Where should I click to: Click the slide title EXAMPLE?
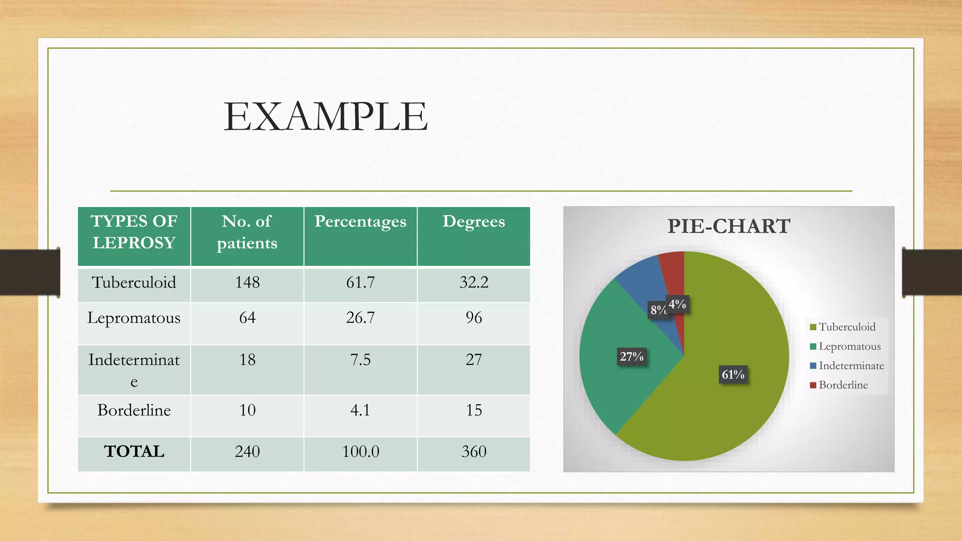(x=326, y=116)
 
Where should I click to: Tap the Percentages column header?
(x=360, y=221)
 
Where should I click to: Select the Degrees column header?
(x=473, y=221)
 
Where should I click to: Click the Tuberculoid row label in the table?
(x=134, y=282)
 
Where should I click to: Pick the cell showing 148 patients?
(x=247, y=282)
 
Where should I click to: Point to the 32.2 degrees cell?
(x=473, y=282)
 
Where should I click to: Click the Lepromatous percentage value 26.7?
(x=360, y=318)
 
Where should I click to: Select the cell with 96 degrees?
(x=473, y=318)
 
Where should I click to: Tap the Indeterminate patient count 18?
(x=247, y=360)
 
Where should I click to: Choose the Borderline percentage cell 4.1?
(x=360, y=410)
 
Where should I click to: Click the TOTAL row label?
(x=134, y=451)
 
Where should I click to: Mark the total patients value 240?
(x=247, y=452)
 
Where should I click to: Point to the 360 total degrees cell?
(x=473, y=452)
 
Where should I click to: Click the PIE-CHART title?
(x=729, y=226)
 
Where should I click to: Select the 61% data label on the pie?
(x=733, y=375)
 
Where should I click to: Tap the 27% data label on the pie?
(x=631, y=357)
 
